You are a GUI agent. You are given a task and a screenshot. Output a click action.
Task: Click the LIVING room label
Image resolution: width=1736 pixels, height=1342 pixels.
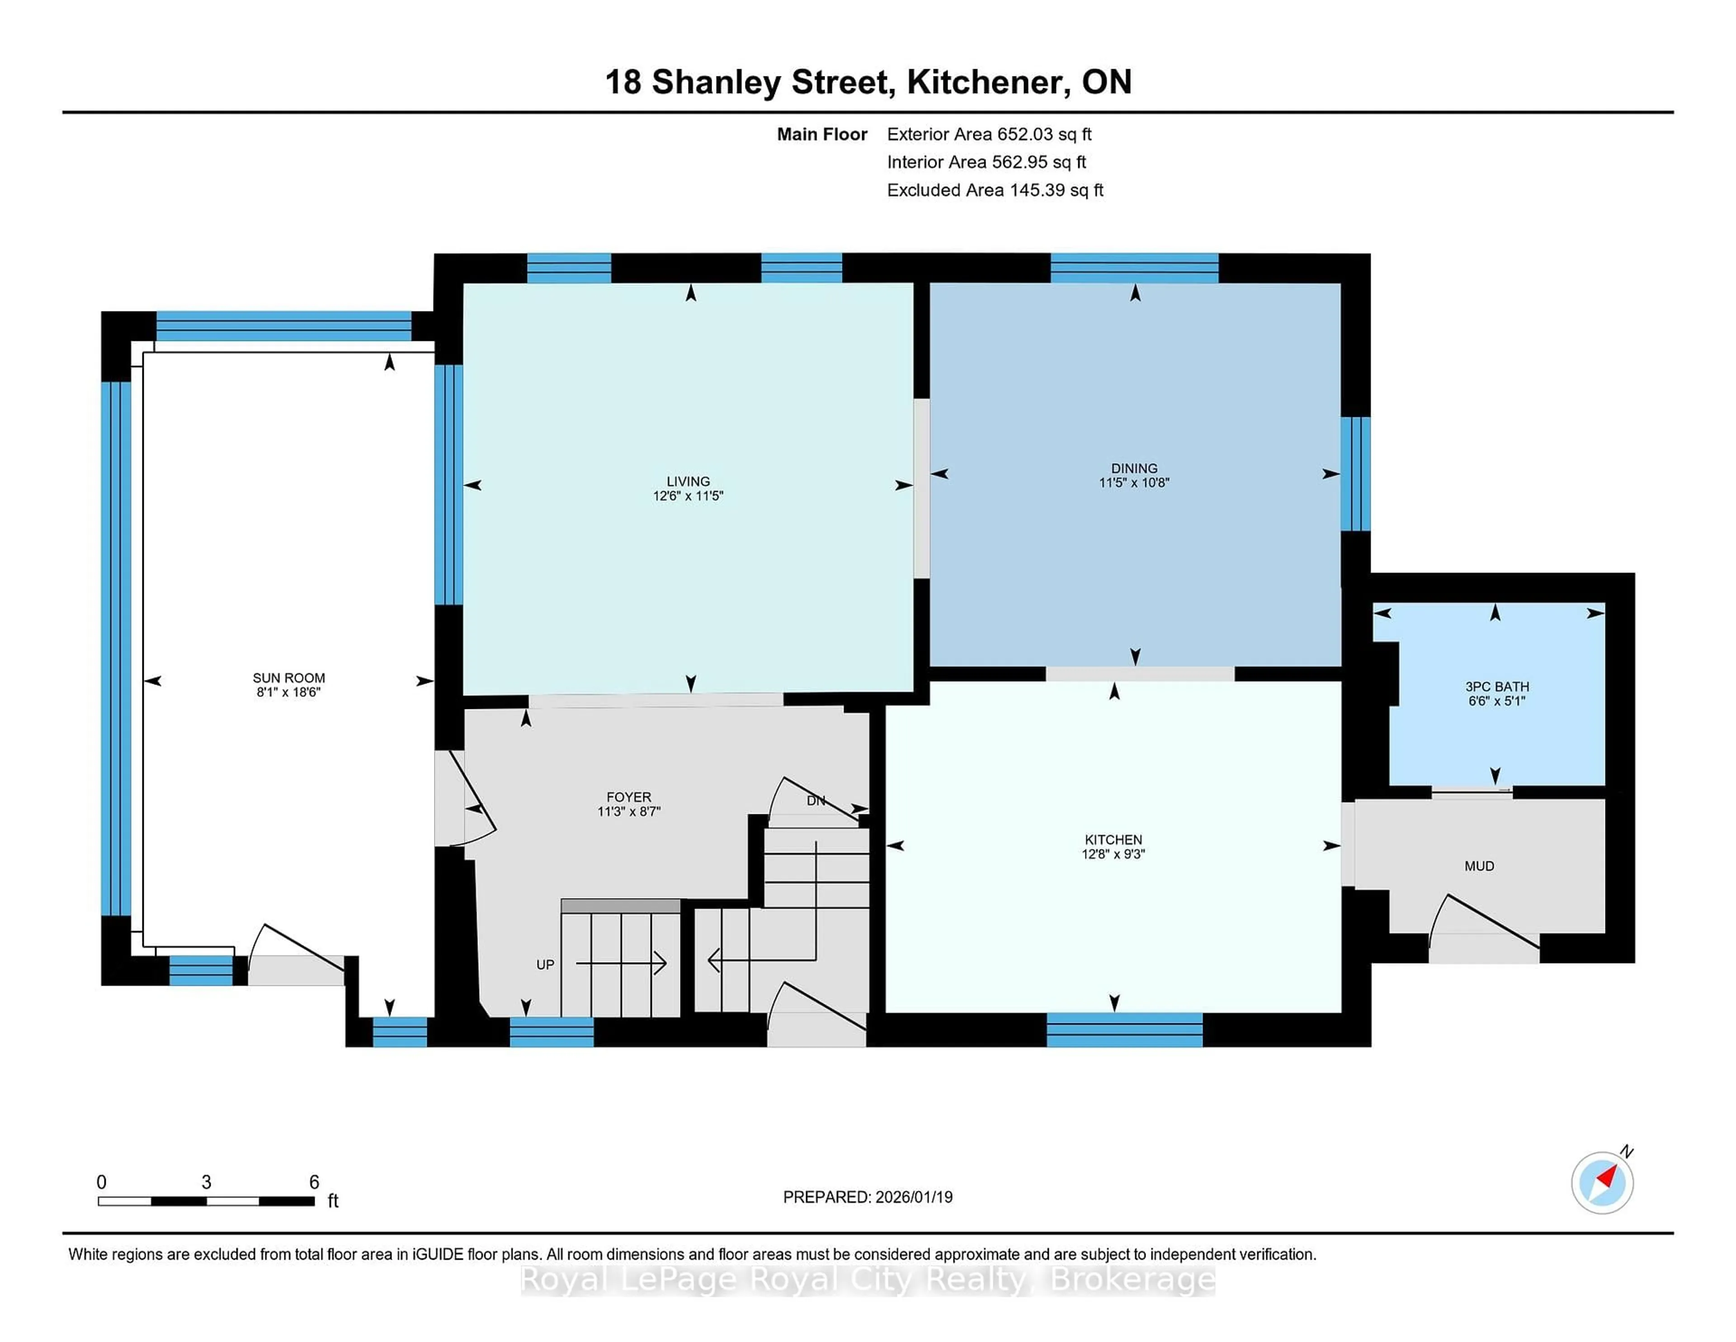tap(688, 481)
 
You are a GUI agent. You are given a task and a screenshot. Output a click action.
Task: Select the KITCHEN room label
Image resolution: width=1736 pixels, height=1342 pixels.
tap(1113, 840)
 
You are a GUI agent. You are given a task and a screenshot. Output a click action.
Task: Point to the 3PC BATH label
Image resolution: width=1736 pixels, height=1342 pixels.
tap(1497, 686)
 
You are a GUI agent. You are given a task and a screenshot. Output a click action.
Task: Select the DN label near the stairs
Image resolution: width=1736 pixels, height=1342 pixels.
tap(816, 801)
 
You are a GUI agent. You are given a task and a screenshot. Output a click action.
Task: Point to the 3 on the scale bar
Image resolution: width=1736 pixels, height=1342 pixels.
tap(206, 1182)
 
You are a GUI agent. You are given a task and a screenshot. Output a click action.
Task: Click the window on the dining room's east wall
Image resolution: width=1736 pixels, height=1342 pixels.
tap(1355, 474)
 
